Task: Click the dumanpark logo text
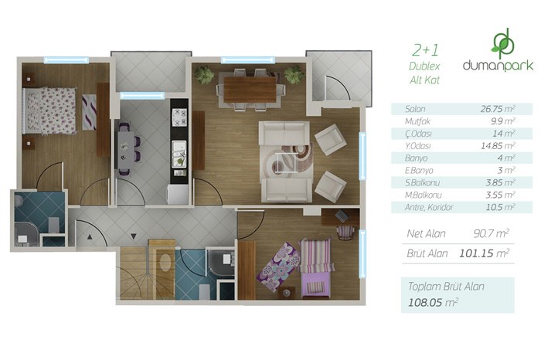[x=498, y=65]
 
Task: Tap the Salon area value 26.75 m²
[x=498, y=109]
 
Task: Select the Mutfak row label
[x=417, y=121]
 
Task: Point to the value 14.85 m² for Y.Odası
[x=498, y=146]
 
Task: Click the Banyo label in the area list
[x=416, y=158]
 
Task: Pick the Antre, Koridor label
[x=429, y=208]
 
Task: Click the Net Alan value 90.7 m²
[x=491, y=234]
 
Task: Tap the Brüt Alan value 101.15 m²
[x=484, y=253]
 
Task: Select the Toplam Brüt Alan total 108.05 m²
[x=433, y=302]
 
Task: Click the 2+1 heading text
[x=425, y=50]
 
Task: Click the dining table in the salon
[x=250, y=90]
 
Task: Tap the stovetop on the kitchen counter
[x=179, y=117]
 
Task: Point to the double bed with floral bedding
[x=49, y=111]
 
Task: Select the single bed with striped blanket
[x=315, y=267]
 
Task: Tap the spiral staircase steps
[x=134, y=274]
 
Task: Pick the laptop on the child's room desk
[x=342, y=216]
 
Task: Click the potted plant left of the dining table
[x=203, y=75]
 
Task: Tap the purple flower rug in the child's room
[x=278, y=267]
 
